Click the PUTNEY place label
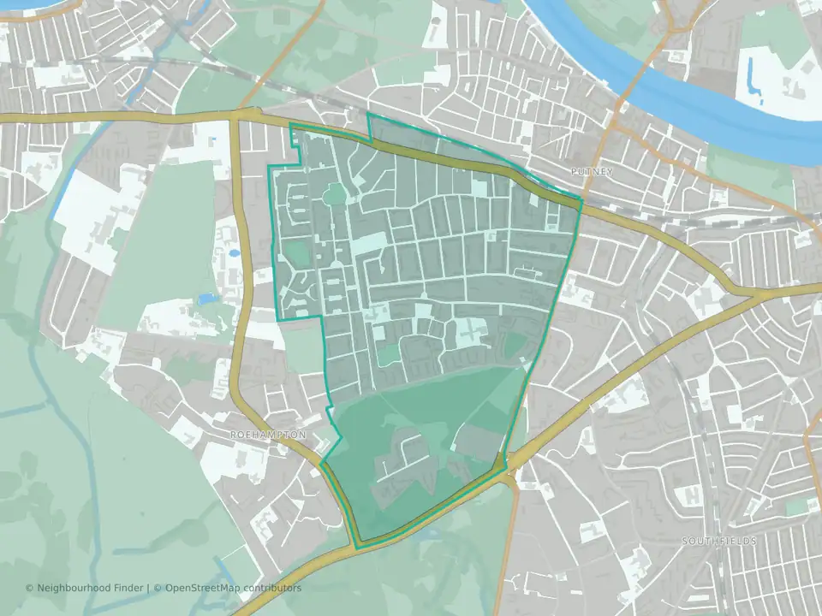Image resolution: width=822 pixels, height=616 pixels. click(x=592, y=172)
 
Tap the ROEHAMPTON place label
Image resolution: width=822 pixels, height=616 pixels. click(x=268, y=435)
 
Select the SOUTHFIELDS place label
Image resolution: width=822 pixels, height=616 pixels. click(x=720, y=541)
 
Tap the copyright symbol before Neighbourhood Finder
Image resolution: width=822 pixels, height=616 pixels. click(x=30, y=588)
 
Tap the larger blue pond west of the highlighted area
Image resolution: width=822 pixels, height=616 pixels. click(x=205, y=299)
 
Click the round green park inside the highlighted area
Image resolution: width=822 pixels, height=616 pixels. click(x=336, y=196)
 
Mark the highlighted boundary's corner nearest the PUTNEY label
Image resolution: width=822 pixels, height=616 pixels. click(x=581, y=202)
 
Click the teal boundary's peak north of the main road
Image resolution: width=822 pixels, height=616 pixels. click(x=368, y=115)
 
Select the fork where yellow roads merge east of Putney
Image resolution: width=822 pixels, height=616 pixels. click(x=759, y=293)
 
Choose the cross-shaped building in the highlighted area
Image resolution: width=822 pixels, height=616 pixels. click(x=469, y=330)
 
